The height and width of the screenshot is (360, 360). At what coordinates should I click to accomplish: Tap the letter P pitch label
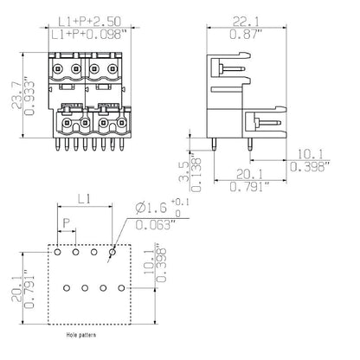coord(66,223)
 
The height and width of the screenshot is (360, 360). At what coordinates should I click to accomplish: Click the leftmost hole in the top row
coord(57,254)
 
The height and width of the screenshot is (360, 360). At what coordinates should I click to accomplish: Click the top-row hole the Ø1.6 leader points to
coord(112,254)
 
